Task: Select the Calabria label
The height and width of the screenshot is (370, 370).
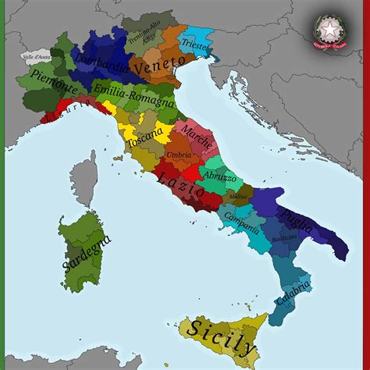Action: pyautogui.click(x=294, y=291)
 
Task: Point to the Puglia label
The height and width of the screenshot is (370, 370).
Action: pyautogui.click(x=297, y=215)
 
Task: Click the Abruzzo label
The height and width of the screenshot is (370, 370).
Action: pyautogui.click(x=221, y=178)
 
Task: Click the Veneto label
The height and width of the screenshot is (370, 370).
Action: pyautogui.click(x=160, y=66)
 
